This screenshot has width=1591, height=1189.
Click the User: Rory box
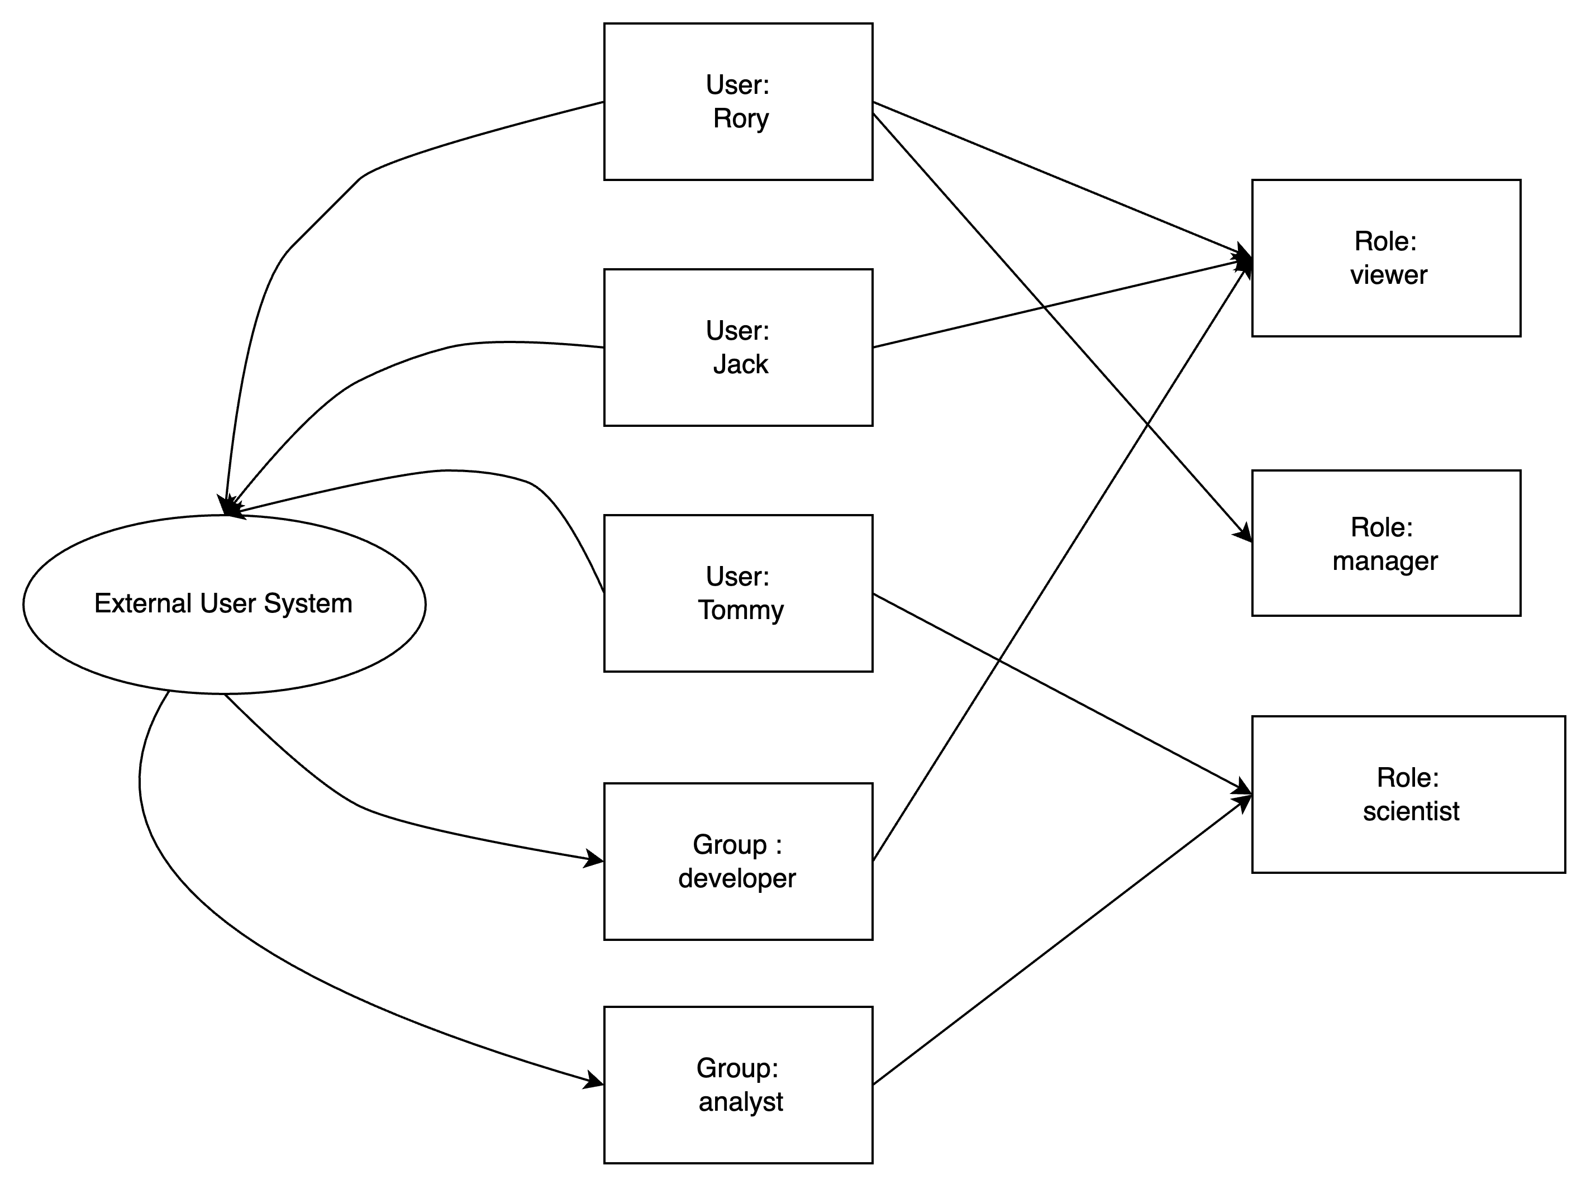[x=738, y=102]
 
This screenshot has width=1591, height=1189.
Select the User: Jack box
[x=738, y=348]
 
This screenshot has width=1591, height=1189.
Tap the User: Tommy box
[x=738, y=593]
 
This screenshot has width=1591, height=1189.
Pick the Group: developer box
[x=738, y=861]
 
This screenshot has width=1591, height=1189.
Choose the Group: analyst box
[x=738, y=1085]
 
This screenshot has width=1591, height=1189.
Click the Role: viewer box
[x=1386, y=258]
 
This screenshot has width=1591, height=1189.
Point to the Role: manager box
[x=1386, y=543]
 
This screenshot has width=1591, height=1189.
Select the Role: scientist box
[x=1408, y=794]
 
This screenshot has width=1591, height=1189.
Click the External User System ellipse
[x=225, y=604]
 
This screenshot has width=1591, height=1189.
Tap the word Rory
[x=741, y=118]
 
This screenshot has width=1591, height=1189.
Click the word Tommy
[x=741, y=611]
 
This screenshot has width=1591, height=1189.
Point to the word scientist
[x=1411, y=811]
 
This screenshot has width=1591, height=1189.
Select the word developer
[x=737, y=878]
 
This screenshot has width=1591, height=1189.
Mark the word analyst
[x=741, y=1102]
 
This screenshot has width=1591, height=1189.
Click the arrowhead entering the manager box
[x=1244, y=535]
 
